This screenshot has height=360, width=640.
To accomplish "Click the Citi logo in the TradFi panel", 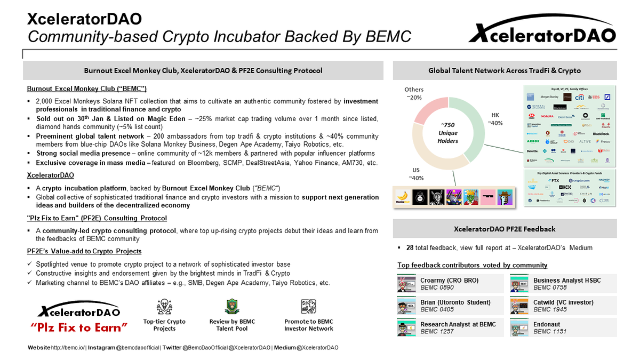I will pyautogui.click(x=579, y=97).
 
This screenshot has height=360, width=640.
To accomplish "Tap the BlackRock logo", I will pyautogui.click(x=600, y=133).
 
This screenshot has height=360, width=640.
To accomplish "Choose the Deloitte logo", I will pyautogui.click(x=532, y=151).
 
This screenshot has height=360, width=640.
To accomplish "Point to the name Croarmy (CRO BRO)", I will pyautogui.click(x=449, y=280).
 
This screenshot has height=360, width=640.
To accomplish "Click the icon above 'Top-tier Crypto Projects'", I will pyautogui.click(x=164, y=307).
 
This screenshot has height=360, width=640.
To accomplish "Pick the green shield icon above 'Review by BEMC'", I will pyautogui.click(x=232, y=307).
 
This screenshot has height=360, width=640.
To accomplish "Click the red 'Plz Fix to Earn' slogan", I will pyautogui.click(x=79, y=327).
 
